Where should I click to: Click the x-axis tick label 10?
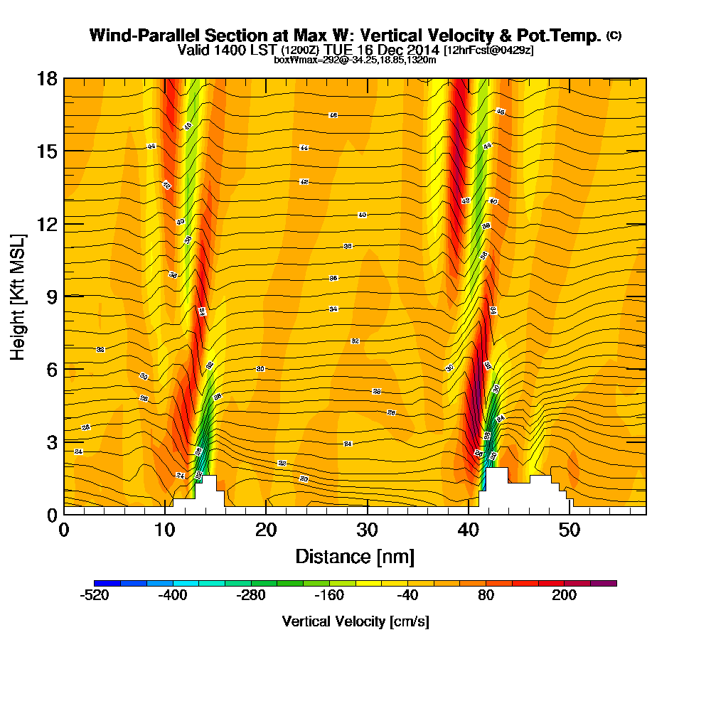[x=164, y=530]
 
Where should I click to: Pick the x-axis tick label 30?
[x=367, y=530]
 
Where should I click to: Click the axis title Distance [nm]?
[x=355, y=556]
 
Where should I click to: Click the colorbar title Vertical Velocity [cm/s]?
[x=355, y=621]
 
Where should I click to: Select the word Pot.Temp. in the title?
[x=562, y=36]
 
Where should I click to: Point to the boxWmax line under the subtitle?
[x=355, y=60]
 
